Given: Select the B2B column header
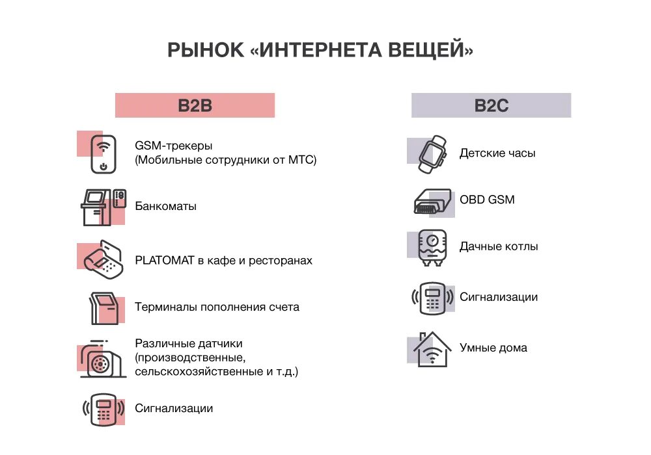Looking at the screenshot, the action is (x=195, y=105).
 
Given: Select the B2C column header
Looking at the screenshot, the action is (x=491, y=105).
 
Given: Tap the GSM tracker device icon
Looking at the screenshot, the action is (x=103, y=153).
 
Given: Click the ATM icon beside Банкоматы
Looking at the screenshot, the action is (x=103, y=207).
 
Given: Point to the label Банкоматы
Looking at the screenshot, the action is (x=165, y=206).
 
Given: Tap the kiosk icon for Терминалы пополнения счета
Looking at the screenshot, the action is (x=104, y=307).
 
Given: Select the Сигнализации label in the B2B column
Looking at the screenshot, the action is (x=174, y=408).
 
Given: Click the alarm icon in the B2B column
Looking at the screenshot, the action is (x=103, y=409).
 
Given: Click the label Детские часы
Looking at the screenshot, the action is (x=497, y=153).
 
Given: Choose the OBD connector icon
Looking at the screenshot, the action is (x=433, y=201).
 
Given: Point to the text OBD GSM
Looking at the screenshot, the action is (x=487, y=200).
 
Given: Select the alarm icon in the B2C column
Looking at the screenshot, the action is (x=432, y=298).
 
